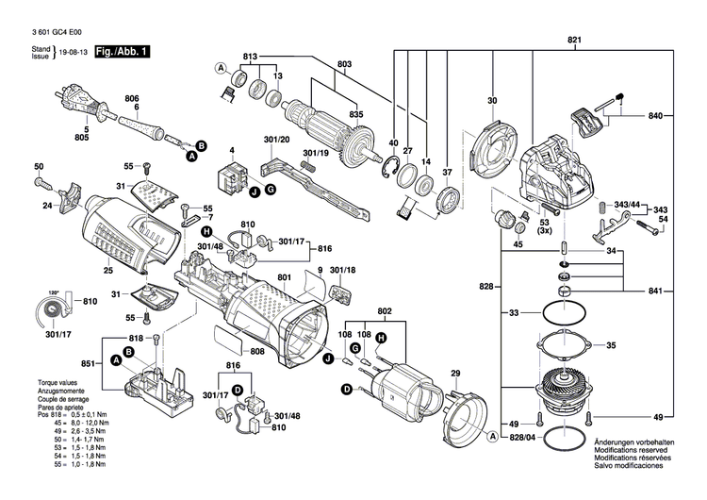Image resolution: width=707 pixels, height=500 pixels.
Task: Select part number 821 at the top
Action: pyautogui.click(x=574, y=39)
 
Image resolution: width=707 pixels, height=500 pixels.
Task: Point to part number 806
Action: pyautogui.click(x=131, y=99)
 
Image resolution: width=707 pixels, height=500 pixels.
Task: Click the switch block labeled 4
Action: pyautogui.click(x=232, y=175)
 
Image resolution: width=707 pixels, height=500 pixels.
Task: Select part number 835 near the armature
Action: pyautogui.click(x=355, y=114)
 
